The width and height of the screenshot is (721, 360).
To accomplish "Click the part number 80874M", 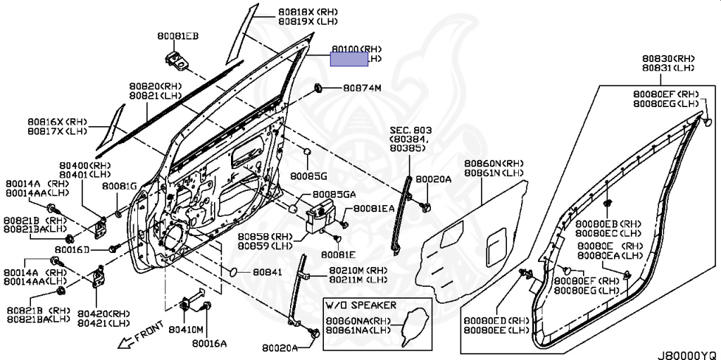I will (362, 89).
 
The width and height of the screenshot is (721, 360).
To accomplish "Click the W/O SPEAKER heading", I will (360, 305).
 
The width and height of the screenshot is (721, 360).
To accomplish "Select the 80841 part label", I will (268, 272).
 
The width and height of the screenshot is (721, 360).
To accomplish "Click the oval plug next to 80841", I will (233, 272).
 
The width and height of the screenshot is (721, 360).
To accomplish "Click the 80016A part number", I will (209, 343).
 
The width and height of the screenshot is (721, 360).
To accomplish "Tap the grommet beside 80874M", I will (318, 89).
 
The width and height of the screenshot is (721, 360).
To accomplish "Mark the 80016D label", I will (73, 250).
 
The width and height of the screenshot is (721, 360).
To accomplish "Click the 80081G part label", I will (119, 186).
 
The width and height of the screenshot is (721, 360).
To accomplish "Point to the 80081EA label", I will (374, 209).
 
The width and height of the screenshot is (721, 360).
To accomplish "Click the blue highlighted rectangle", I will (350, 59).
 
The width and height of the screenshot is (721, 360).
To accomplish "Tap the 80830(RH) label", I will (668, 58).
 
